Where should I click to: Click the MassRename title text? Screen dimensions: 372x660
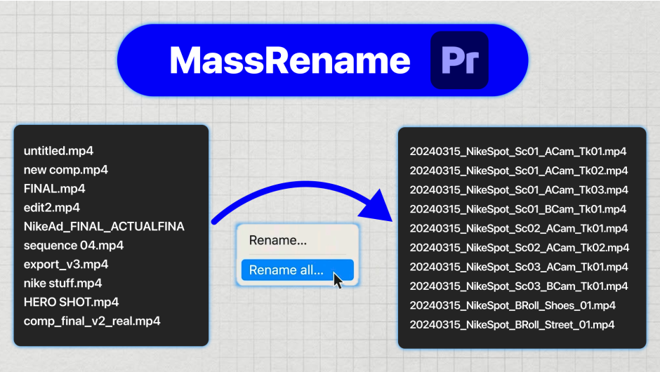(x=289, y=61)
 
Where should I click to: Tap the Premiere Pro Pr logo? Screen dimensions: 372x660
(x=459, y=60)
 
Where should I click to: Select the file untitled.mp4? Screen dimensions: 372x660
(x=59, y=151)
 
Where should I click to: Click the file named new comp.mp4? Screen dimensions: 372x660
(x=66, y=170)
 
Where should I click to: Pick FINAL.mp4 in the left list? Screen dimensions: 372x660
(x=55, y=189)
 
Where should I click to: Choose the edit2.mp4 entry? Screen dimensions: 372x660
(x=52, y=208)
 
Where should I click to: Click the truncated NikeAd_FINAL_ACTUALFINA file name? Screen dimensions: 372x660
(x=104, y=227)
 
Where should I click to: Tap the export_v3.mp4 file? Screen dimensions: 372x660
(x=66, y=265)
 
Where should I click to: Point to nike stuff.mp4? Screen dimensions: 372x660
(x=63, y=284)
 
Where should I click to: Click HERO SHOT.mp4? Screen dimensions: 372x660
(x=71, y=302)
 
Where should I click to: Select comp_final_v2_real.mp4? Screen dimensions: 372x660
(x=92, y=321)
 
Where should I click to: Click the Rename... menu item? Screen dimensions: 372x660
(x=278, y=241)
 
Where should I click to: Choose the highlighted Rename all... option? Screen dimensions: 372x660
(x=286, y=270)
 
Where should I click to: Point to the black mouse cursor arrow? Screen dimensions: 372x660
(x=338, y=281)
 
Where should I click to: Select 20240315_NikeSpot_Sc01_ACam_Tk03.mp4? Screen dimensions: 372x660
(x=518, y=190)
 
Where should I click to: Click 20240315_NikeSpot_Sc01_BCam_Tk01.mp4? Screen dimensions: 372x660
(x=518, y=209)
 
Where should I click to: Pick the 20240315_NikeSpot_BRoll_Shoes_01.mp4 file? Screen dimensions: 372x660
(x=513, y=305)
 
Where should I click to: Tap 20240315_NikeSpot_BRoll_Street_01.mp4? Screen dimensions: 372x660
(x=513, y=324)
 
